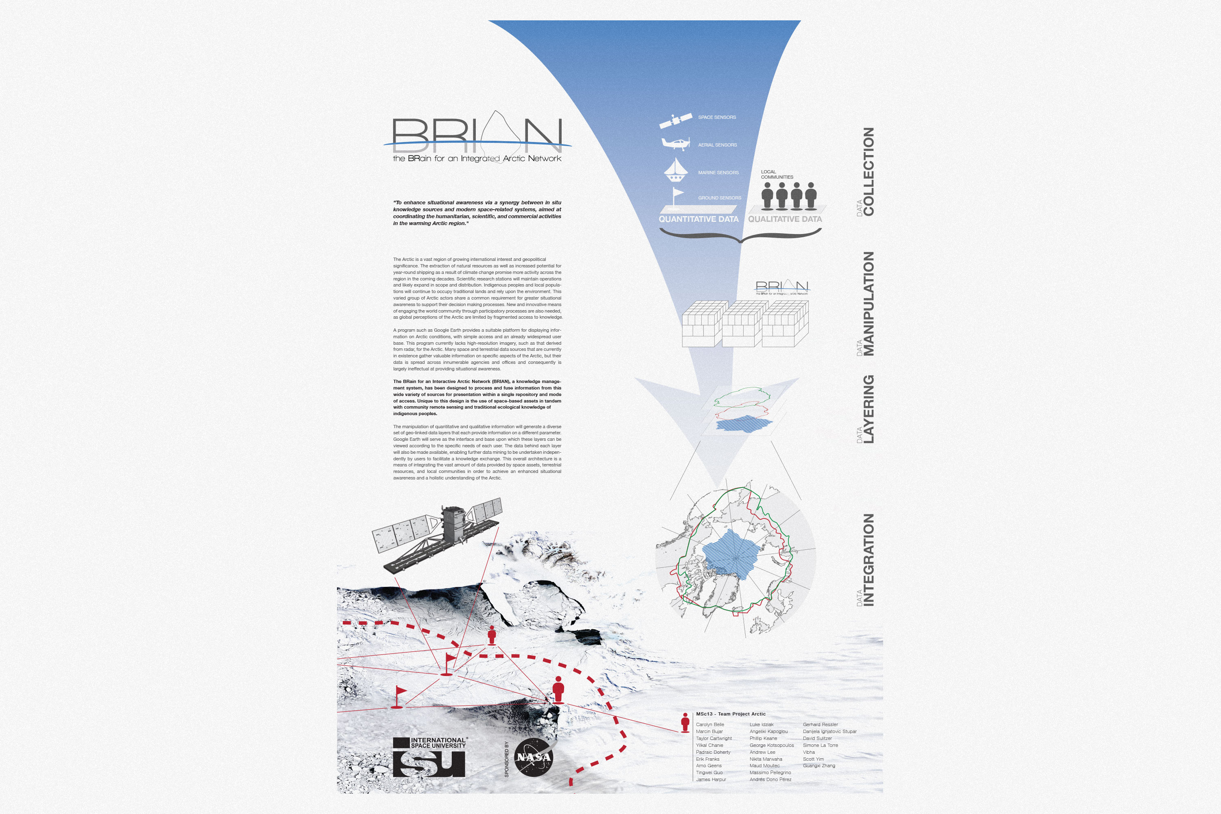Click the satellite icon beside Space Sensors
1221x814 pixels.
675,120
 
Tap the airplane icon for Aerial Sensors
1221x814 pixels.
675,143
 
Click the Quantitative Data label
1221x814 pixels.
698,219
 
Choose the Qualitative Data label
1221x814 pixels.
785,219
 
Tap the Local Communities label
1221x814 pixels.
777,175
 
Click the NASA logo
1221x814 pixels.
533,757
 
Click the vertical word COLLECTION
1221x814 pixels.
869,171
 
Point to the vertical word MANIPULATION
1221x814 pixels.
869,304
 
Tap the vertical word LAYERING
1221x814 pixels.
869,409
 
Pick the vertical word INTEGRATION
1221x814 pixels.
869,560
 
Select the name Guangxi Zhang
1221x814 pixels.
818,766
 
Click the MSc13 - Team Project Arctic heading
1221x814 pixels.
731,714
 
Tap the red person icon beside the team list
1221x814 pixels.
685,722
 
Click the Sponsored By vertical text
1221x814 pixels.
507,759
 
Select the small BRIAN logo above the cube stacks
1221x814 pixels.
782,287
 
